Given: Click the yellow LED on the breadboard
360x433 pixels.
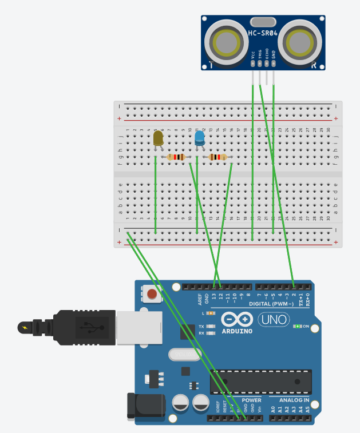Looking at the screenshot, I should (x=159, y=138).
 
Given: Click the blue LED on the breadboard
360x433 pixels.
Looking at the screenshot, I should (x=199, y=138).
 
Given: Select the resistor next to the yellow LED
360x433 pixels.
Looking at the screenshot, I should (x=176, y=157).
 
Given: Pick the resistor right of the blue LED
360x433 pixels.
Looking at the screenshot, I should (x=217, y=157).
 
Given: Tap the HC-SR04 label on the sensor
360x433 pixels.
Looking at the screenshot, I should (x=263, y=34).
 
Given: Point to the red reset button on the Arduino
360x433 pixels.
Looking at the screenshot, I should (x=152, y=295).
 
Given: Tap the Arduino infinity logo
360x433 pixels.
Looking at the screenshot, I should (x=236, y=320).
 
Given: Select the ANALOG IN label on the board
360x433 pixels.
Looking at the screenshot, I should (x=294, y=400).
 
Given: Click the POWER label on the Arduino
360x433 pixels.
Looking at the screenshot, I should (x=251, y=400).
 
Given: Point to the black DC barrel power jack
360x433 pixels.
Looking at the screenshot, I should (x=145, y=407).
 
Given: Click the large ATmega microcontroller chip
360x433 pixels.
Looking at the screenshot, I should (x=261, y=382).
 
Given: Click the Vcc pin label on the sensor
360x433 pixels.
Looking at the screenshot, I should (x=253, y=55).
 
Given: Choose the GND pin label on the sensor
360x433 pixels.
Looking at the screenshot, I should (x=274, y=55).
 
